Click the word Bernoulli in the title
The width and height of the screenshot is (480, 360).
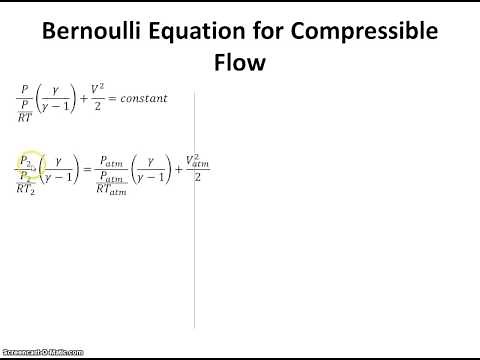[91, 31]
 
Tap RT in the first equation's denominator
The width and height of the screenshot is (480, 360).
[25, 114]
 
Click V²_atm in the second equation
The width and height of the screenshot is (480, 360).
[200, 158]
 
